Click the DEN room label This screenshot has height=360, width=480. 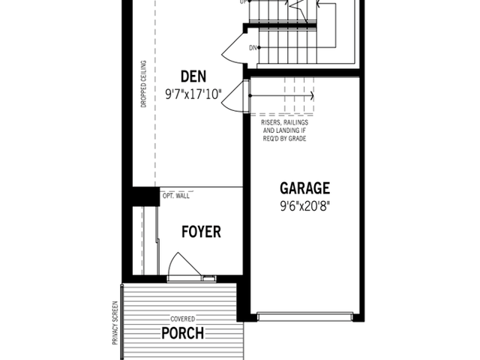click(193, 76)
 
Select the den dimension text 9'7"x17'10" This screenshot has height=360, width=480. click(193, 94)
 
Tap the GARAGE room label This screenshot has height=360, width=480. click(305, 188)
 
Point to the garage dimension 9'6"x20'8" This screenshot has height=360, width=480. click(305, 206)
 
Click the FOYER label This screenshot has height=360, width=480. click(201, 232)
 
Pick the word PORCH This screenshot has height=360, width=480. click(183, 333)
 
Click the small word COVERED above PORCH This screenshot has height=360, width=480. click(183, 319)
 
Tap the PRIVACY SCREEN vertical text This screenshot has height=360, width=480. click(115, 323)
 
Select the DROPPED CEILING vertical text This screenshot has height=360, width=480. click(143, 84)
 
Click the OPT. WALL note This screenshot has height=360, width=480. click(176, 196)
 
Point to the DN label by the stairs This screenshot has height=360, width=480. click(253, 48)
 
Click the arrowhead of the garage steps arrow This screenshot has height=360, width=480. click(312, 96)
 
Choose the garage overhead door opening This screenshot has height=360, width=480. click(305, 316)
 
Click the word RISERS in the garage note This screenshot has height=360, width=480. click(270, 122)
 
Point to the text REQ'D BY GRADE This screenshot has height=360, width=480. click(284, 139)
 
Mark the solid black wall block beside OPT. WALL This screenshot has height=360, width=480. click(146, 196)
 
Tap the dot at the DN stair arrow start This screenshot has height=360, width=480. click(259, 47)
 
